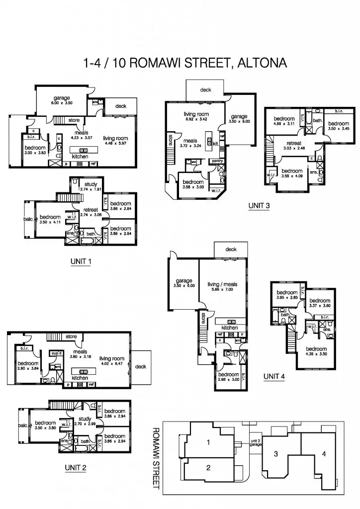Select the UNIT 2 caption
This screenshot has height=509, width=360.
click(x=76, y=467)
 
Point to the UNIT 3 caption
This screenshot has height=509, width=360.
click(x=259, y=206)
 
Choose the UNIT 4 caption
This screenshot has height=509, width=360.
click(x=274, y=377)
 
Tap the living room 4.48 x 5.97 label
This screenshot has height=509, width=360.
click(x=115, y=141)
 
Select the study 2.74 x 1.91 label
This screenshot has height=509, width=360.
click(x=90, y=187)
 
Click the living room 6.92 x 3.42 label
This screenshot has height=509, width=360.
click(x=196, y=117)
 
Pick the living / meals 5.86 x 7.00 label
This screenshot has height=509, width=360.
click(x=222, y=287)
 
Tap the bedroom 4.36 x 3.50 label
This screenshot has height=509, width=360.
click(x=316, y=352)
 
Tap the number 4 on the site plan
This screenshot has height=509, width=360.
click(x=324, y=453)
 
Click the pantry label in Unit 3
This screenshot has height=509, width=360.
click(x=217, y=161)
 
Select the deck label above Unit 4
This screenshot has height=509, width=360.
click(x=231, y=250)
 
